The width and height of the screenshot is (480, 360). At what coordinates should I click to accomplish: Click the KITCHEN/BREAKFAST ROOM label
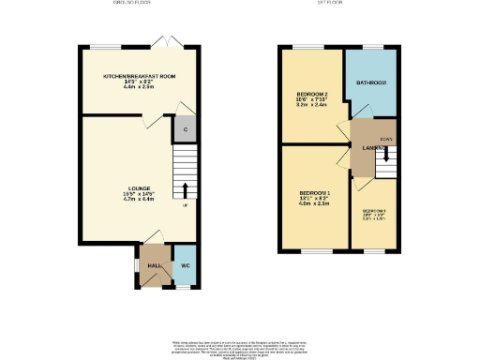coord(140,76)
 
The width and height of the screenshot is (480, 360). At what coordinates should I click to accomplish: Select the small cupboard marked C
coord(186,129)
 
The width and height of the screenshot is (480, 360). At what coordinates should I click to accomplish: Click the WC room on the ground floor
coord(185,265)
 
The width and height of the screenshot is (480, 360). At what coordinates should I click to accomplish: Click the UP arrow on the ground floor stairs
coord(186,188)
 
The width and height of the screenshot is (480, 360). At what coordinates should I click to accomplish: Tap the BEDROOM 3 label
coord(374,211)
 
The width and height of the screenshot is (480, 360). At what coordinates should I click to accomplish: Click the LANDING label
coord(364,147)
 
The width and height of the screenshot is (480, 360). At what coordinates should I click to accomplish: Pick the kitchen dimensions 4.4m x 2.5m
coord(140,87)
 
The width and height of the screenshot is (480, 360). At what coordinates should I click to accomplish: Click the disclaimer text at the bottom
coord(240,348)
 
